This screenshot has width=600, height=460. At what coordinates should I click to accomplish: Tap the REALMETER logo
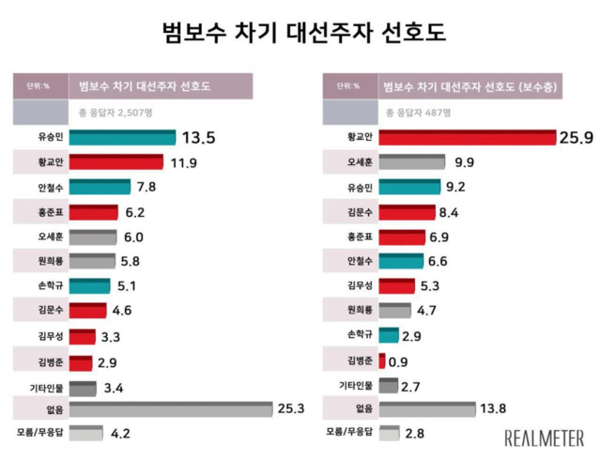point(545,437)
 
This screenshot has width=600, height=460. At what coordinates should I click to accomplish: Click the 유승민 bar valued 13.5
point(121,138)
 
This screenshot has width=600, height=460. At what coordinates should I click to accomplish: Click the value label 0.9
point(399,360)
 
